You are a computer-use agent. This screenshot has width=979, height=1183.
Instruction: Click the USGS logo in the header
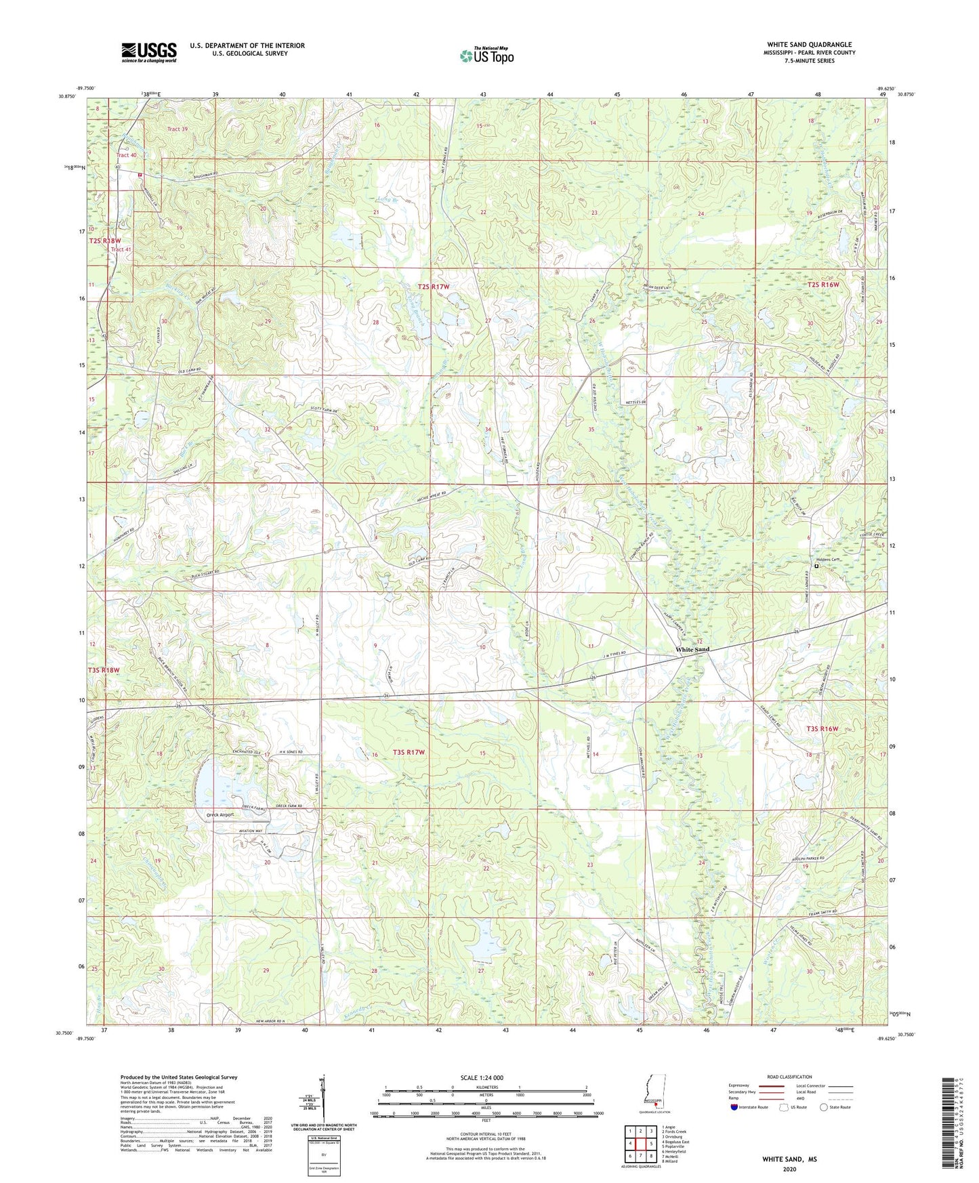tap(148, 52)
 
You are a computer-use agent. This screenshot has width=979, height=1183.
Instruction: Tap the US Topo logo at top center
tap(486, 56)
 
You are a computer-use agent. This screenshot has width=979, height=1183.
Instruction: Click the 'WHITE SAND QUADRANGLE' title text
tap(809, 45)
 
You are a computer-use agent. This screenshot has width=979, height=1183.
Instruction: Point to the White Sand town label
tap(692, 650)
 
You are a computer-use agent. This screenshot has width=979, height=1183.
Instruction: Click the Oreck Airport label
tap(220, 815)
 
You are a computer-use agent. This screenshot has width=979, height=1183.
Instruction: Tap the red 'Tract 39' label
tap(178, 129)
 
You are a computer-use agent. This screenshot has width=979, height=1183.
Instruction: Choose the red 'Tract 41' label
tap(121, 249)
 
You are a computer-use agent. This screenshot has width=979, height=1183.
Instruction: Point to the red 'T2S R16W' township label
tap(822, 285)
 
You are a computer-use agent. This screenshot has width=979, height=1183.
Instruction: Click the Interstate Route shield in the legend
tap(734, 1107)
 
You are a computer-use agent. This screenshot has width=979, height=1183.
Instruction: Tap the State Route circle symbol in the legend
tap(823, 1107)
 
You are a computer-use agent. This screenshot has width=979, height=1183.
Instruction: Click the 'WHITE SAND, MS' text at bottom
tap(789, 1159)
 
